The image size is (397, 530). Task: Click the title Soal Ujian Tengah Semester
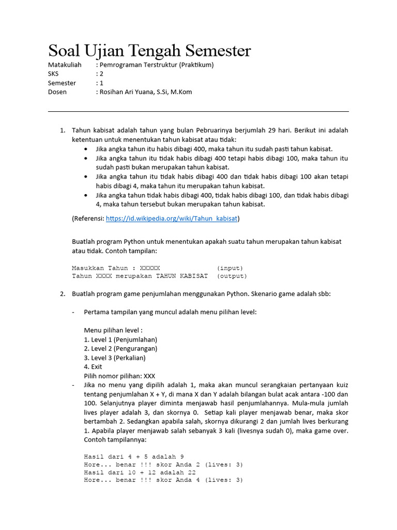click(x=149, y=51)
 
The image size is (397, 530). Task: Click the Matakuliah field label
click(x=65, y=65)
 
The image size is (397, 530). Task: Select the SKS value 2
click(x=102, y=74)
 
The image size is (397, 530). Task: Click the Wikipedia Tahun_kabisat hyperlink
click(x=172, y=218)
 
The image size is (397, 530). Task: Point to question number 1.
click(x=63, y=130)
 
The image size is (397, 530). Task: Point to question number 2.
click(x=63, y=294)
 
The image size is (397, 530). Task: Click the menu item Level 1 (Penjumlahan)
click(x=120, y=340)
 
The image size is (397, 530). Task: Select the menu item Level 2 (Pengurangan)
click(x=120, y=348)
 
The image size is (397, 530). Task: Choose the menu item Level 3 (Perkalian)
click(x=115, y=358)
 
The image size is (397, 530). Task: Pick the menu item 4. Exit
click(x=93, y=366)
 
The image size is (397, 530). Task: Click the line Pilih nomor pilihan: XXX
click(x=119, y=376)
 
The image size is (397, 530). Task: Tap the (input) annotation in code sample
click(x=230, y=268)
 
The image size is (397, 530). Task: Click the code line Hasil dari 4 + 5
click(x=133, y=457)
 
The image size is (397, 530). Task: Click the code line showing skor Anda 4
click(x=163, y=480)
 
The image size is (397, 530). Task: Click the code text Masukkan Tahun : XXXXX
click(x=116, y=268)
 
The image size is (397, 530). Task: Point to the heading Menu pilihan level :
click(x=113, y=330)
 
